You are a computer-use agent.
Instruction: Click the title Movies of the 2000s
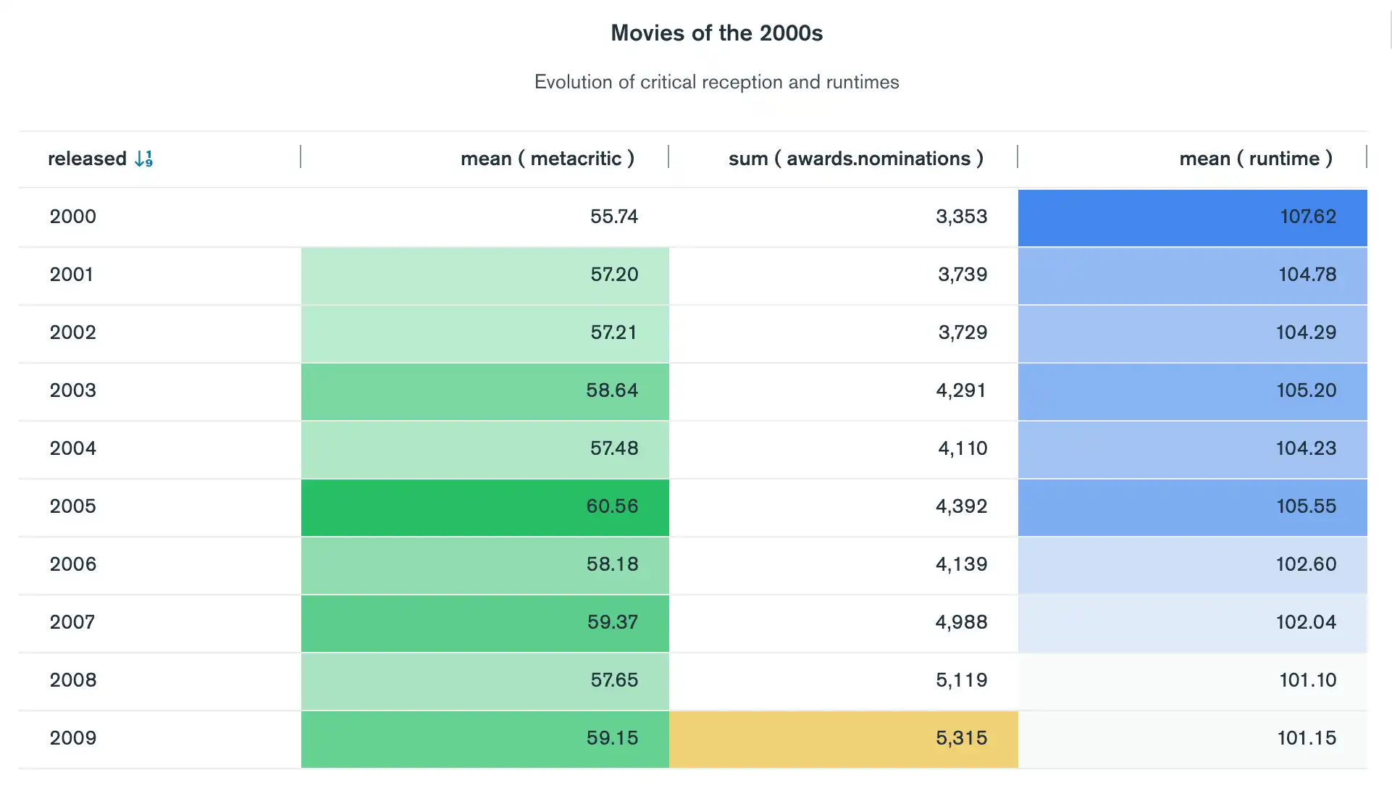(716, 33)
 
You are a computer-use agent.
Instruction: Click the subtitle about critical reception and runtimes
(716, 82)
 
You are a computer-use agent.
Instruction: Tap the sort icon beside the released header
(143, 159)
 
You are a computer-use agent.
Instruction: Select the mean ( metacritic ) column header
(547, 159)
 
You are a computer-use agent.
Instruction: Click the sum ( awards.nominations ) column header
(855, 159)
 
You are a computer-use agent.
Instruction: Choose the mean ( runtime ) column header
(1255, 159)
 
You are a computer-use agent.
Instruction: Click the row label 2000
(72, 217)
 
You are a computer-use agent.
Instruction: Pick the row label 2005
(72, 506)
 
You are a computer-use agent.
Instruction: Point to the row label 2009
(72, 738)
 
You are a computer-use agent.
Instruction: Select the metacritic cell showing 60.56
(611, 506)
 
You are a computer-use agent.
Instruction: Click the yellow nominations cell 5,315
(960, 738)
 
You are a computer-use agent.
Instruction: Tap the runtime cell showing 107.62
(1307, 217)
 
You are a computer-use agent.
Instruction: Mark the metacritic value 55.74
(613, 217)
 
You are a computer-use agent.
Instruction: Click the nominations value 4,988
(960, 622)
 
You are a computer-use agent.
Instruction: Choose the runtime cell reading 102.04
(1305, 622)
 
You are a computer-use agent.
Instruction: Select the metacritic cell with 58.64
(611, 390)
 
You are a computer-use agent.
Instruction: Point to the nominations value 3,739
(962, 275)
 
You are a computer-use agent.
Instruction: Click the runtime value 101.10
(1307, 680)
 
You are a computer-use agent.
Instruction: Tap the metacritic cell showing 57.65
(613, 680)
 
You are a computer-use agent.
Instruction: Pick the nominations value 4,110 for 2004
(962, 448)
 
